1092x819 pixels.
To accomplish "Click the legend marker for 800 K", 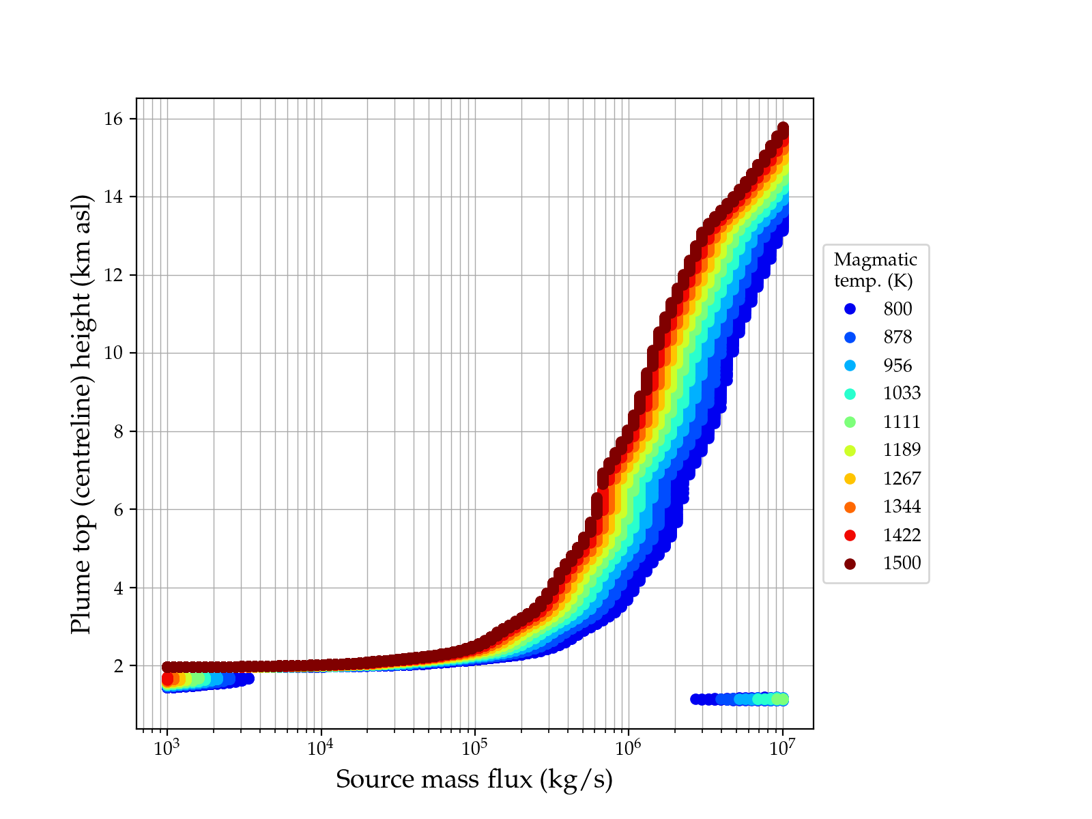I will point(850,309).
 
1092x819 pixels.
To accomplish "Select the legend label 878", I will point(897,337).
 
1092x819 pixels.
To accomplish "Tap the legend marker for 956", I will point(850,366).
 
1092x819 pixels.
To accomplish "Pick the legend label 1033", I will point(902,394).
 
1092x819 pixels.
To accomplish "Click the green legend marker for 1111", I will point(850,422).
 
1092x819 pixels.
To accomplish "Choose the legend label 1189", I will point(902,450).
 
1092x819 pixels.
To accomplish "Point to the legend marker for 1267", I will point(850,479).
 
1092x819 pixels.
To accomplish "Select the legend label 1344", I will point(902,507).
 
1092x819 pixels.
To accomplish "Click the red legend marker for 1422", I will point(850,536).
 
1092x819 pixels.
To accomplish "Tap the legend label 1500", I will point(902,564).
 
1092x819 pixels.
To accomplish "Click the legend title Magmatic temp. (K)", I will point(875,270).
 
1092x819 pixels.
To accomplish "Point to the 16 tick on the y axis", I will point(114,119).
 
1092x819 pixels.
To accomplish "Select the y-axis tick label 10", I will point(114,354).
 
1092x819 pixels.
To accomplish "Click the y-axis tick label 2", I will point(119,666).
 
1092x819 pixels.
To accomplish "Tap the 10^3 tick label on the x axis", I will point(167,748).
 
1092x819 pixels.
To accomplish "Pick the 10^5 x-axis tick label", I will point(474,748).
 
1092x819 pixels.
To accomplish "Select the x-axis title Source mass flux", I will point(474,779).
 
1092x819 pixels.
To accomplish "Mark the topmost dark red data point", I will point(783,128).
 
